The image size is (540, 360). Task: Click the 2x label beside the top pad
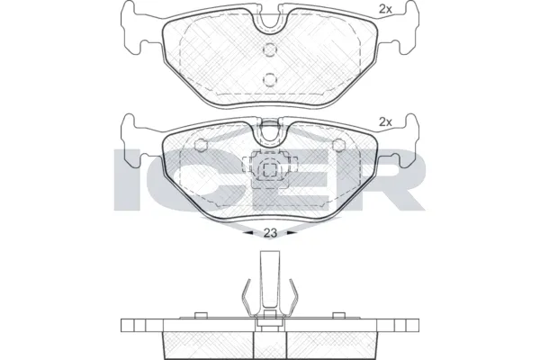pyautogui.click(x=386, y=11)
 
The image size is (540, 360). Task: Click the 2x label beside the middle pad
pyautogui.click(x=386, y=121)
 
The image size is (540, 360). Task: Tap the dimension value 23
pyautogui.click(x=269, y=232)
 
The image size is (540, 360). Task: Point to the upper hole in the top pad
pyautogui.click(x=269, y=50)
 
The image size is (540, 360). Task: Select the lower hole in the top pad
pyautogui.click(x=269, y=79)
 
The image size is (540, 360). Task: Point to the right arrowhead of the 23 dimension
pyautogui.click(x=292, y=232)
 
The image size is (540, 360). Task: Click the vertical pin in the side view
pyautogui.click(x=269, y=279)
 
